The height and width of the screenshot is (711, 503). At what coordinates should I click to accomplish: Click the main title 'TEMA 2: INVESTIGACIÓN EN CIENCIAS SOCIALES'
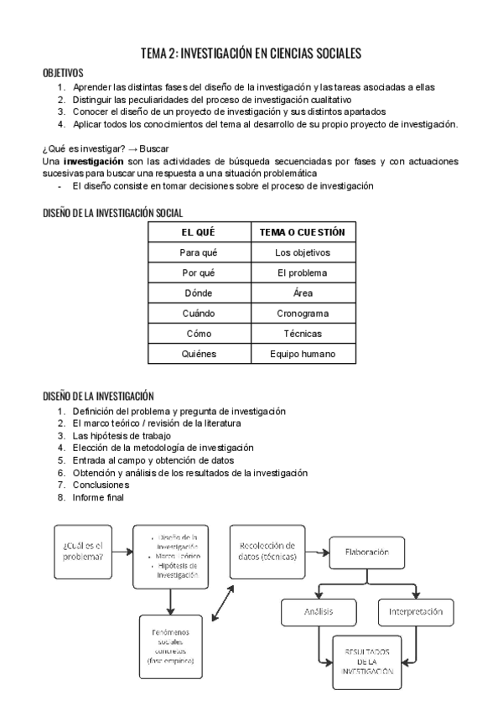251,54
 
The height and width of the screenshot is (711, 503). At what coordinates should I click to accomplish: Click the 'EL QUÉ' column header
199,231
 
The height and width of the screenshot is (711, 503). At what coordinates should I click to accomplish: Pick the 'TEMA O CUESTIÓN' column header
303,231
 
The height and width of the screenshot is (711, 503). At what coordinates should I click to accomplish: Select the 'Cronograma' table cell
303,313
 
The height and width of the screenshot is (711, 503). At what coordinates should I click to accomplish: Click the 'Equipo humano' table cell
303,354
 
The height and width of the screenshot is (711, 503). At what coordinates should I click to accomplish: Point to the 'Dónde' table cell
199,293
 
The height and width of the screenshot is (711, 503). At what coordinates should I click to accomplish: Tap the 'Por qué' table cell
199,272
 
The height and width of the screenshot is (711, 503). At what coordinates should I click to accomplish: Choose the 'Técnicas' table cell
303,333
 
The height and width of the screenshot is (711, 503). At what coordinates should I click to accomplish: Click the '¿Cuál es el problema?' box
83,552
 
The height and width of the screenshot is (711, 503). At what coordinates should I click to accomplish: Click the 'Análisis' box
319,611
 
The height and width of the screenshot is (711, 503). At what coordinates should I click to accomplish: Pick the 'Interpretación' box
416,611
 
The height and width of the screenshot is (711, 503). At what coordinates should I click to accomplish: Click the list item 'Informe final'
98,497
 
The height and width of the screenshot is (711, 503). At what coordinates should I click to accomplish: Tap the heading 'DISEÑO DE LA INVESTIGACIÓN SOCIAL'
112,214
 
